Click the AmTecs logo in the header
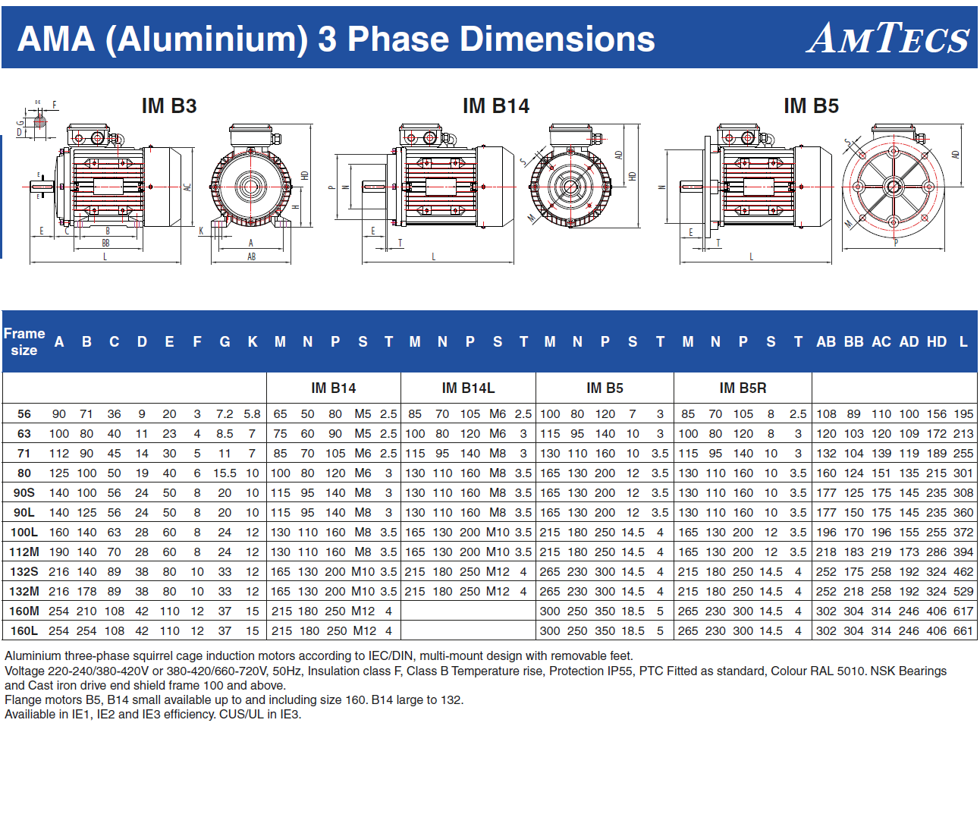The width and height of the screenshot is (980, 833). click(887, 38)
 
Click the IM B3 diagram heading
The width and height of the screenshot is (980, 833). click(169, 106)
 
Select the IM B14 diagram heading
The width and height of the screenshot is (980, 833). click(496, 106)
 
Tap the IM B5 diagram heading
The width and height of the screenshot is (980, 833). click(811, 106)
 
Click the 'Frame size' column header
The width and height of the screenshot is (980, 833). click(24, 342)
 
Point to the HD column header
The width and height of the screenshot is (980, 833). click(936, 342)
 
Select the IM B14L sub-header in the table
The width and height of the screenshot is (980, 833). click(468, 388)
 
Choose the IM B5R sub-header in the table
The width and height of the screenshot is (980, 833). click(743, 388)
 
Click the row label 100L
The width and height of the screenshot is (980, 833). click(24, 533)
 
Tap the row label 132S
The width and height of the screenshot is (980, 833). click(24, 572)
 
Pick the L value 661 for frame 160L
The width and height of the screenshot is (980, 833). click(963, 631)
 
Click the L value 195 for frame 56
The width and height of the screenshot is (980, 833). click(963, 414)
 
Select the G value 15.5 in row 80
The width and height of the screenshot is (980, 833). click(225, 473)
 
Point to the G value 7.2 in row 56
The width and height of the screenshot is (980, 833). click(225, 414)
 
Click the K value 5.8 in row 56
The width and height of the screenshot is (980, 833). click(252, 414)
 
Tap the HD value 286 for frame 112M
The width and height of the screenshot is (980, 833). click(936, 552)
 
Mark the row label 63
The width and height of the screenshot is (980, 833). click(24, 434)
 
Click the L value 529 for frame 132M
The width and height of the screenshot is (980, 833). click(963, 592)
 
